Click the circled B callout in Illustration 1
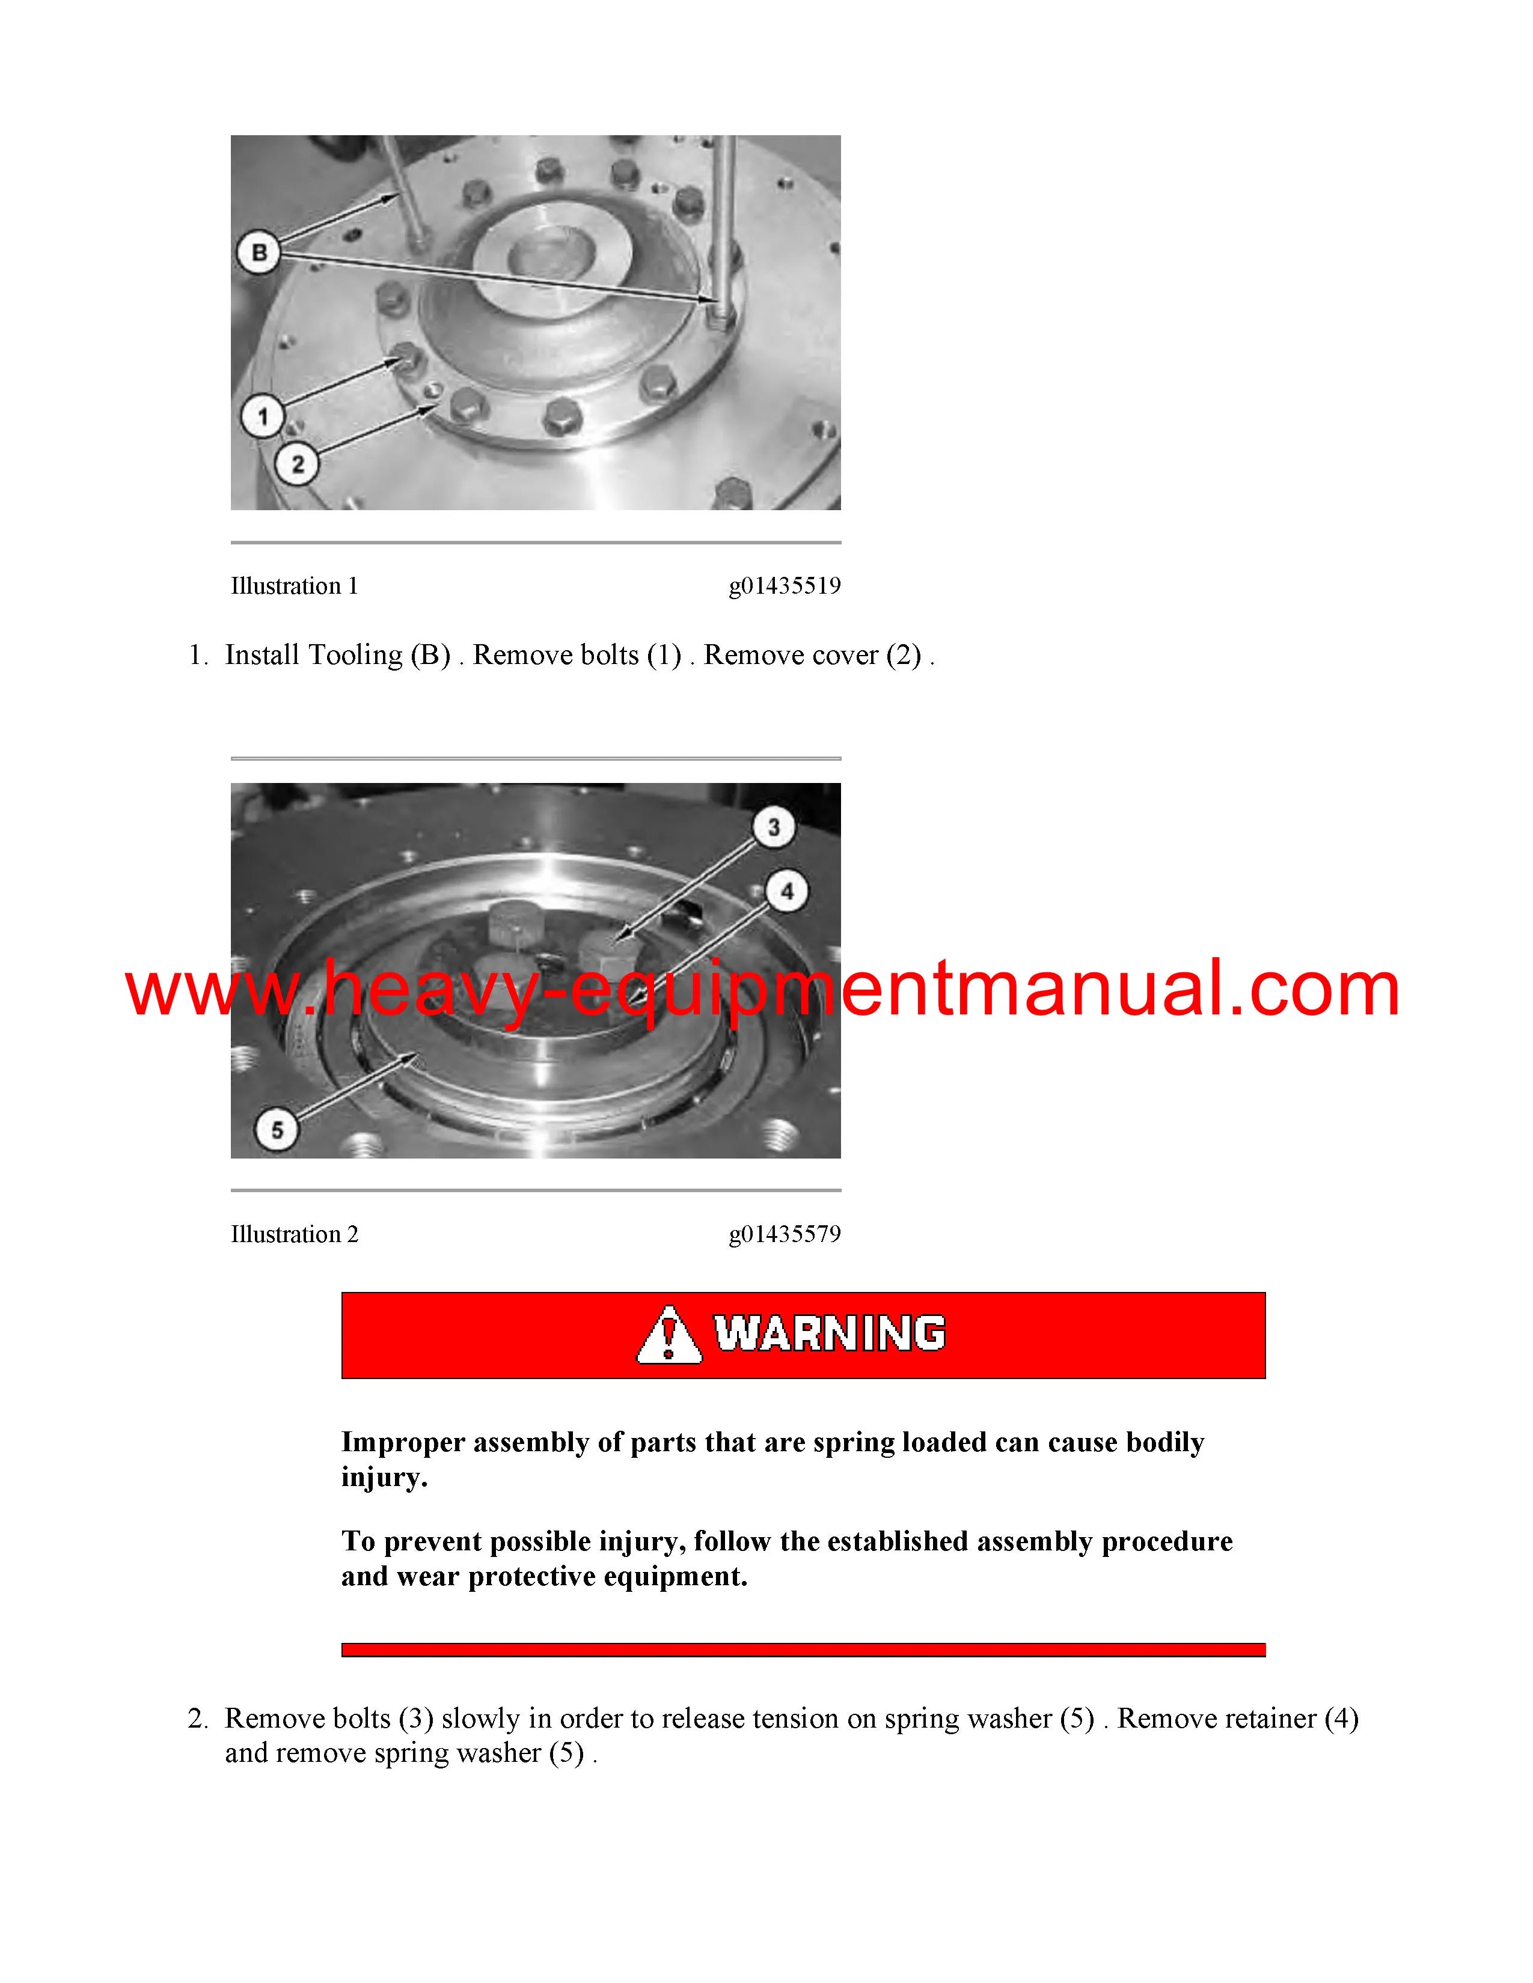[x=259, y=252]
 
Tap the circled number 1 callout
[x=263, y=417]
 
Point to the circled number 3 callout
[x=774, y=827]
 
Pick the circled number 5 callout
[x=277, y=1130]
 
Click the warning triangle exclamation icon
[x=669, y=1334]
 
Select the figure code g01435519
[x=785, y=586]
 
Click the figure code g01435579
[x=785, y=1234]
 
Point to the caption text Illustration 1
[x=294, y=586]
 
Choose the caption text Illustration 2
[x=294, y=1234]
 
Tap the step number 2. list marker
[x=198, y=1719]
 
